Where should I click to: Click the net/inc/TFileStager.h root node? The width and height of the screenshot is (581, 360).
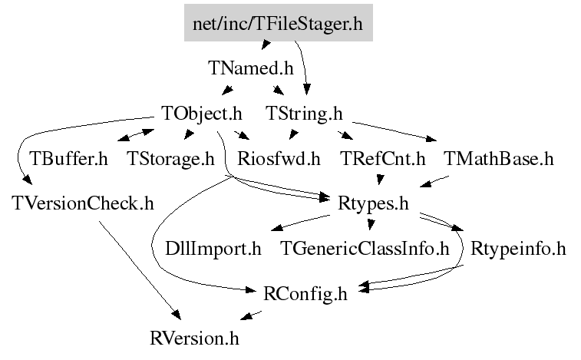(279, 22)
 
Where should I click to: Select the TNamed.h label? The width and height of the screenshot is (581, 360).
(251, 68)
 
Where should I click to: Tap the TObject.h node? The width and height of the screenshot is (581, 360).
(202, 114)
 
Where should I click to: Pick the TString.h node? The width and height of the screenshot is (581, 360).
(304, 114)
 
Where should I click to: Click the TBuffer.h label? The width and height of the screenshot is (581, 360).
(68, 159)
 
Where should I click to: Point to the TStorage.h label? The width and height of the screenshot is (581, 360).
(171, 159)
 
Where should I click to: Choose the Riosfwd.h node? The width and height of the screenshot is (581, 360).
(279, 159)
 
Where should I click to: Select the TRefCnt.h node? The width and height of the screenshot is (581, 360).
(383, 159)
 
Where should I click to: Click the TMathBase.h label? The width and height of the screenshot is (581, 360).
(499, 159)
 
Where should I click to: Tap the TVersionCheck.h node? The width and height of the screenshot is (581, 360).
(83, 203)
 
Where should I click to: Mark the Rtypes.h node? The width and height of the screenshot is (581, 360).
(373, 203)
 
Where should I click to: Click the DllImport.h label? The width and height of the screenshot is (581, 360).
(213, 249)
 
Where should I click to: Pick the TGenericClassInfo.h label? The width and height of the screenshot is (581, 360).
(365, 249)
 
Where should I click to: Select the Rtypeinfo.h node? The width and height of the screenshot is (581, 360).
(518, 249)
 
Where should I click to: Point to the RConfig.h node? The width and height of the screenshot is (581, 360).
(305, 294)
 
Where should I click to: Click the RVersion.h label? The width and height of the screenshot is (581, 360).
(194, 339)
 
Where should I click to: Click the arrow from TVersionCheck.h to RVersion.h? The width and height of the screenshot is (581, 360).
(140, 270)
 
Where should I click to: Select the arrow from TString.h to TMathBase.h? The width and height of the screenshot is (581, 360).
(394, 131)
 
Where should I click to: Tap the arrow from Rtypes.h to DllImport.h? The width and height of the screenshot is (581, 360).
(300, 223)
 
